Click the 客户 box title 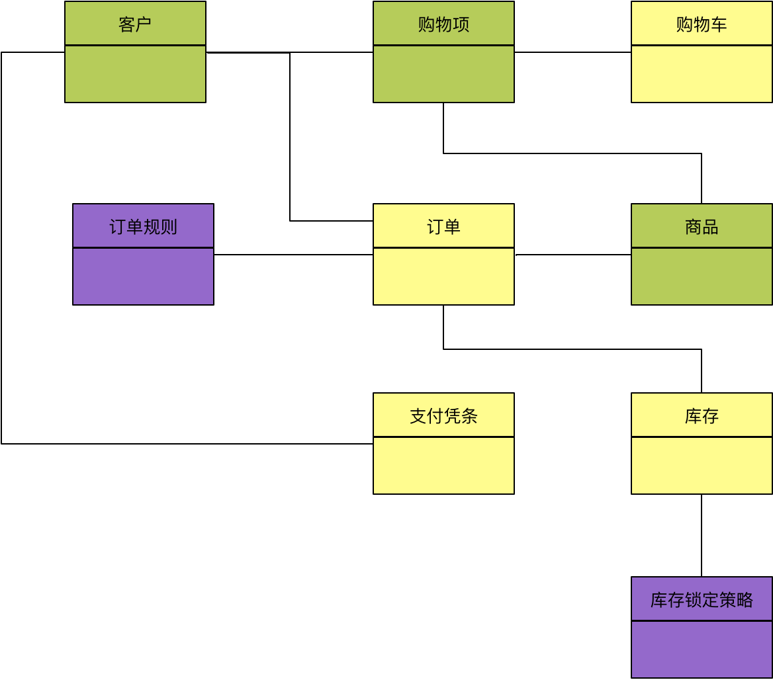point(135,24)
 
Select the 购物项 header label point(443,24)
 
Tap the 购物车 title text point(702,24)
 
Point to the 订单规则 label point(143,227)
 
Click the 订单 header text point(443,227)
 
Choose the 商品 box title point(702,227)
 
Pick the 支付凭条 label point(443,416)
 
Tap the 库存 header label point(702,416)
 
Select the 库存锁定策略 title point(702,600)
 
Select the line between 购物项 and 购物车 point(572,52)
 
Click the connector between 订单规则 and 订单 point(293,255)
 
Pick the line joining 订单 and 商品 point(572,255)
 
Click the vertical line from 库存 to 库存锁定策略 point(702,535)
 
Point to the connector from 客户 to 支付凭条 point(2,265)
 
